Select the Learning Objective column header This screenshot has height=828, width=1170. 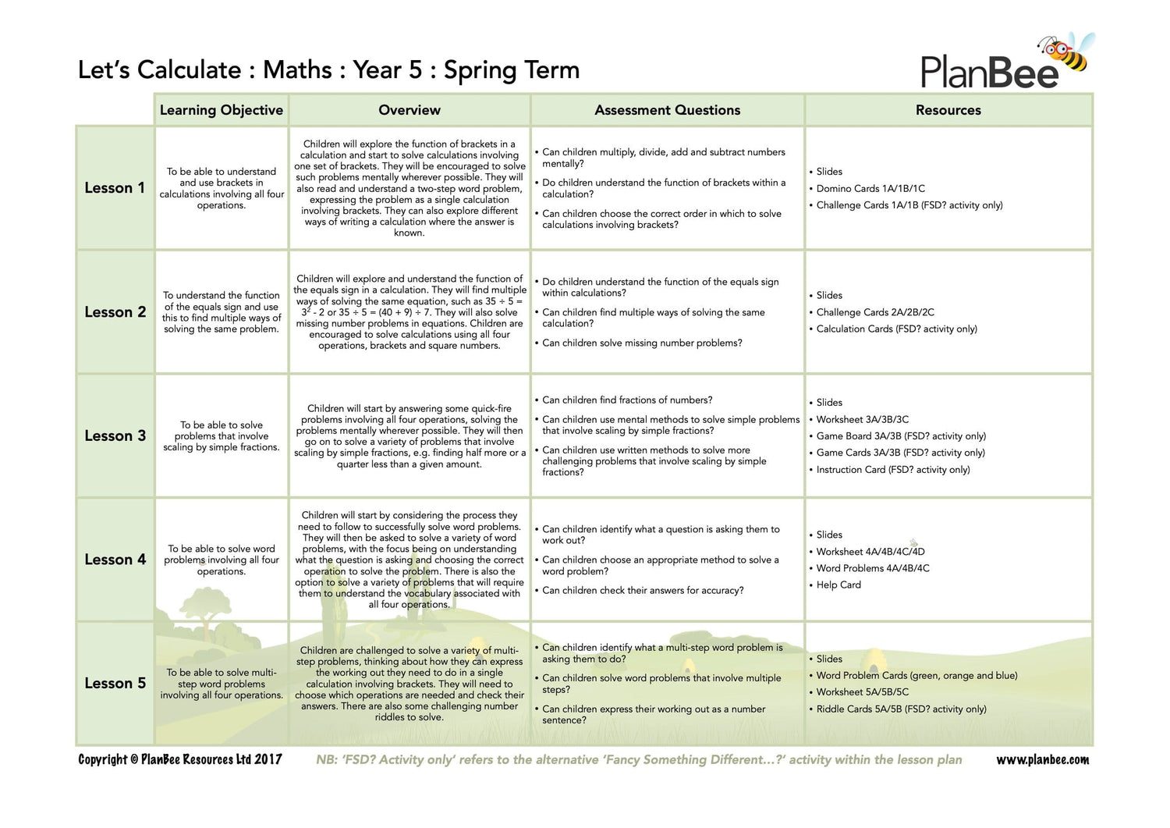tap(222, 110)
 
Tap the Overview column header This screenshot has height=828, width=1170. tap(409, 110)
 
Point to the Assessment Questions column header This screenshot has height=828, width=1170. tap(668, 110)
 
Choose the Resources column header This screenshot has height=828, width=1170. tap(948, 110)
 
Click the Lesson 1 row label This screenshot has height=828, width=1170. tap(115, 188)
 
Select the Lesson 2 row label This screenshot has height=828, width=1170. tap(115, 312)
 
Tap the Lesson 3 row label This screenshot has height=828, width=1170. tap(115, 435)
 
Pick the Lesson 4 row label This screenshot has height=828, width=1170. tap(115, 560)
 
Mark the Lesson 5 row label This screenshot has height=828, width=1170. tap(115, 683)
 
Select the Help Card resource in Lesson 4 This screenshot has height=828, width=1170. tap(838, 585)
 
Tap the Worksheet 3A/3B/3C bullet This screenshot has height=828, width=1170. tap(862, 419)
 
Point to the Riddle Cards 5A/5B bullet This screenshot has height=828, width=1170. tap(901, 709)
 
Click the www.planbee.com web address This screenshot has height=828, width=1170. tap(1043, 759)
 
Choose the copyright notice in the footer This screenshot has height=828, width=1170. tap(180, 759)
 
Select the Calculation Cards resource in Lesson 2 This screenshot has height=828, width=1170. tap(896, 329)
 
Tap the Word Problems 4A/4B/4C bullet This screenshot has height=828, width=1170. tap(873, 568)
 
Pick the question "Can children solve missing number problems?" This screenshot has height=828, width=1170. tap(642, 343)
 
